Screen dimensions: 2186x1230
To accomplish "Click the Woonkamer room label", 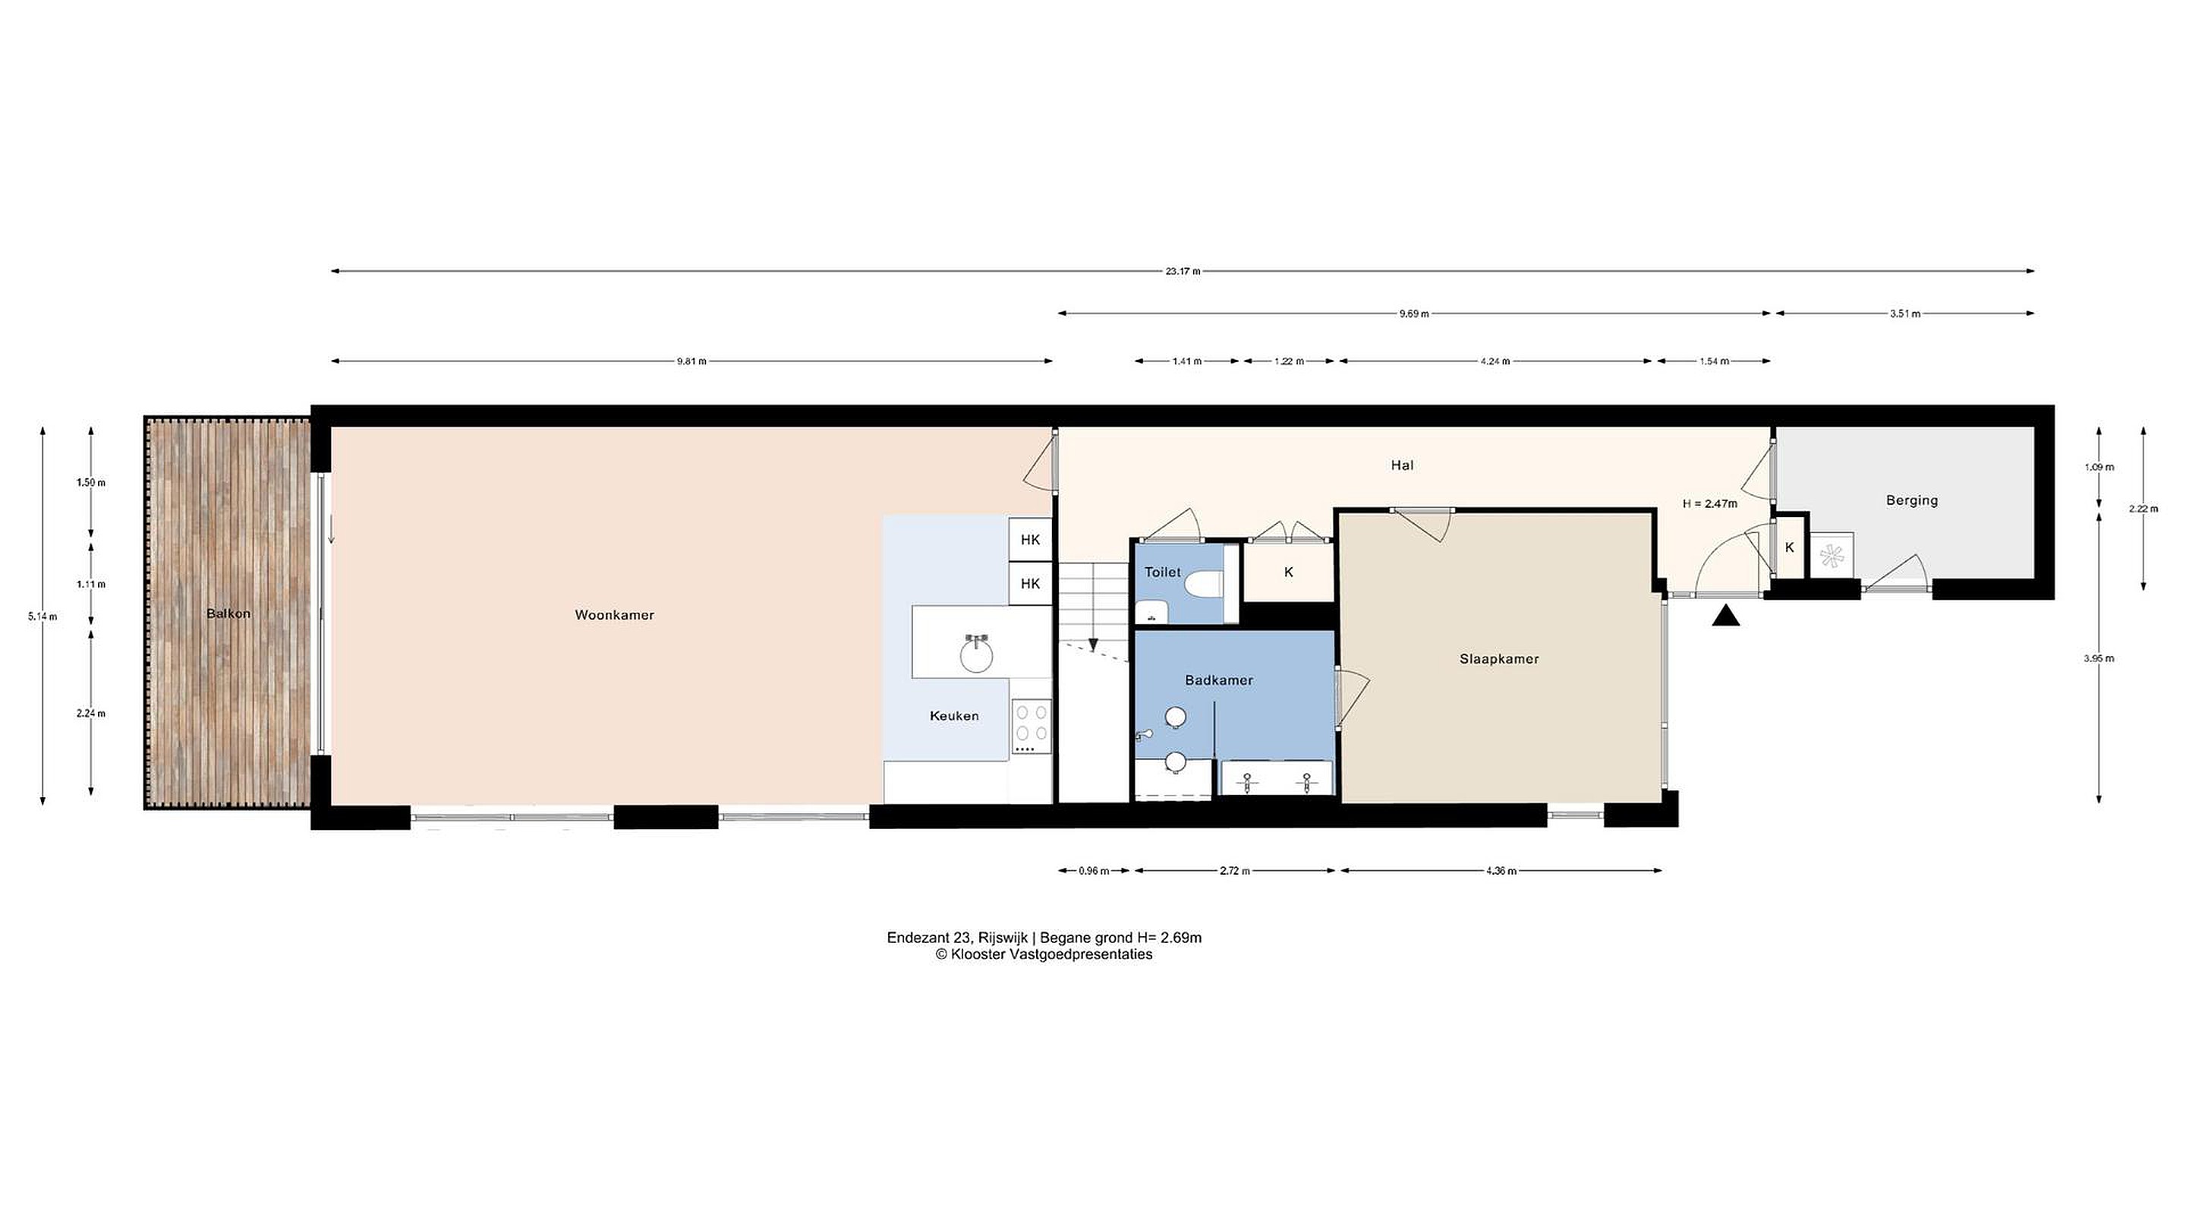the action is pyautogui.click(x=614, y=614).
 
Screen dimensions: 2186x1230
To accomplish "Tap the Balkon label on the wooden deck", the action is pyautogui.click(x=228, y=613).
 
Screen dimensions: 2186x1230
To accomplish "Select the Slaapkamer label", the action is pyautogui.click(x=1498, y=659).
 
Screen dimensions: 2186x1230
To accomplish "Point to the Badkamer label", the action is pyautogui.click(x=1218, y=680).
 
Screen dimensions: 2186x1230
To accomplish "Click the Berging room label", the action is pyautogui.click(x=1912, y=500).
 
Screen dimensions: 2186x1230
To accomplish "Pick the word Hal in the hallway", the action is pyautogui.click(x=1402, y=465).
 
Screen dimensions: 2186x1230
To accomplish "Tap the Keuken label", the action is pyautogui.click(x=954, y=715).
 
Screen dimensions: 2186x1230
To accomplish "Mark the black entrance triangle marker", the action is pyautogui.click(x=1725, y=616).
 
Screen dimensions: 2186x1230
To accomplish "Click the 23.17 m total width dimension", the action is pyautogui.click(x=1183, y=272).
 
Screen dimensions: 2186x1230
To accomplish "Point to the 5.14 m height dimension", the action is pyautogui.click(x=42, y=617).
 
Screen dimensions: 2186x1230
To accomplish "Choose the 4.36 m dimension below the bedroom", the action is pyautogui.click(x=1501, y=870).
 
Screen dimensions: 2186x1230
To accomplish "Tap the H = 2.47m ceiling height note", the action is pyautogui.click(x=1710, y=503).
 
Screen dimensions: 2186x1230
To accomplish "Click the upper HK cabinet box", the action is pyautogui.click(x=1030, y=539).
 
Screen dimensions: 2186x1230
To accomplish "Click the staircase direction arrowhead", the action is pyautogui.click(x=1093, y=645).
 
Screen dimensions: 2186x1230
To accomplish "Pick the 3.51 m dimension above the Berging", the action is pyautogui.click(x=1904, y=314).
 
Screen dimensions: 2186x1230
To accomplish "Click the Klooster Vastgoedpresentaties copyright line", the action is pyautogui.click(x=1044, y=954).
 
